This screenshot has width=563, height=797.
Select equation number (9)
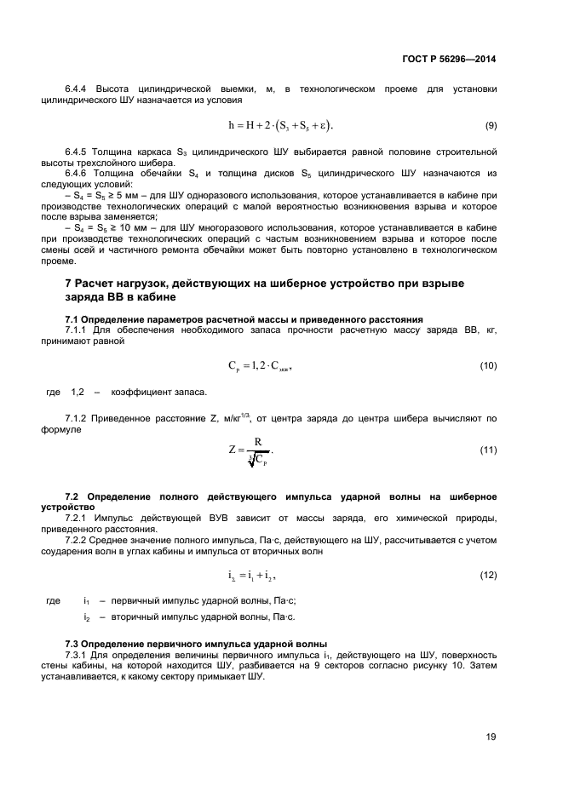(491, 126)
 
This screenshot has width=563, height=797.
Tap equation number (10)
(489, 366)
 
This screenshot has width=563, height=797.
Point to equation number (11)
(489, 450)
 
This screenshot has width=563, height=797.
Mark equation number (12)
(489, 576)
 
